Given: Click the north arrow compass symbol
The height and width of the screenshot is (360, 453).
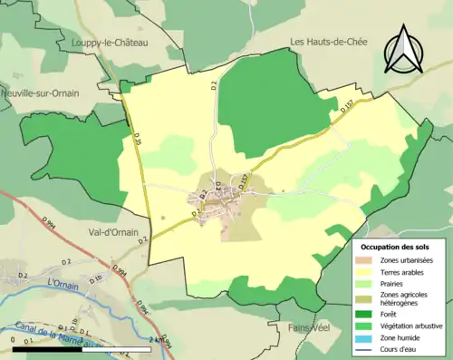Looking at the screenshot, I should [404, 49].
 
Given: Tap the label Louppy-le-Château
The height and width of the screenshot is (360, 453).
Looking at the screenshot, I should [111, 42].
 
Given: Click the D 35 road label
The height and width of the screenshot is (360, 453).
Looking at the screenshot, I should [139, 140].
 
